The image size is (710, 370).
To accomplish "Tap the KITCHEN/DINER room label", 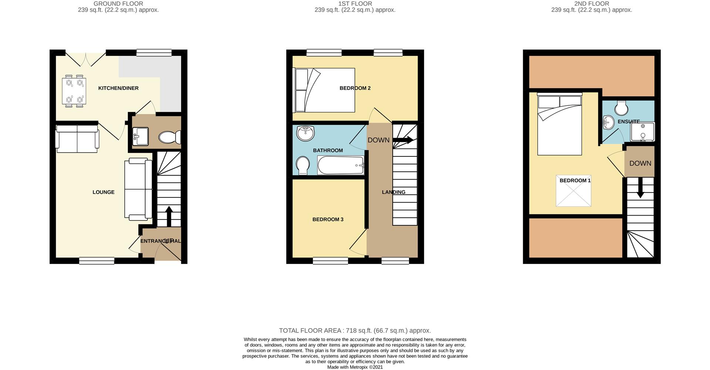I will [118, 88].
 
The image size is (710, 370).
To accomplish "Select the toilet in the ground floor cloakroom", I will [170, 138].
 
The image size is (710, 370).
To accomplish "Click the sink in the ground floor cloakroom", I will [141, 136].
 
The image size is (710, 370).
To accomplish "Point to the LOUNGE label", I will [104, 192].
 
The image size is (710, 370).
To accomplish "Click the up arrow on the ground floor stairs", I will [169, 216].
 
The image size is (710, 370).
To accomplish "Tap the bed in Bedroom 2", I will [324, 90].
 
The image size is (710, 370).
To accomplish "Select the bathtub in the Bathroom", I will [341, 165].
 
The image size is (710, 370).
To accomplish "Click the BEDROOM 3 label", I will [328, 220].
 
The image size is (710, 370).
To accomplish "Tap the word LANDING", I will [393, 192].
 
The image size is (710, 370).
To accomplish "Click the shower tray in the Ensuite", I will [643, 132].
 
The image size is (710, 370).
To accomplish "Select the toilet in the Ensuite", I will [622, 108].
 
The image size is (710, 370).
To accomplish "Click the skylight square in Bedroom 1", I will [574, 191].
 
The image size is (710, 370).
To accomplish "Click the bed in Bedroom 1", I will [559, 125].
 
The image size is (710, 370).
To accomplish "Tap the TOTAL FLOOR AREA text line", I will [355, 331].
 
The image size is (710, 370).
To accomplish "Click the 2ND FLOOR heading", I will [592, 4].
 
